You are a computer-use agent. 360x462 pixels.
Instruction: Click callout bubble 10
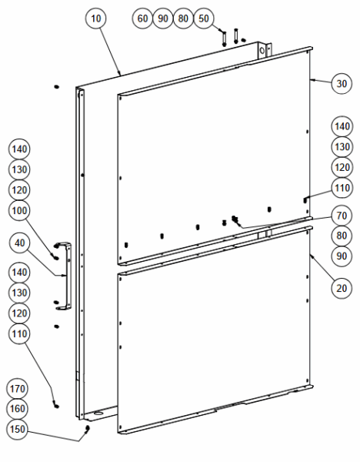click(95, 18)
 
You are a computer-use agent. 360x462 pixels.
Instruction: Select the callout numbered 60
click(142, 18)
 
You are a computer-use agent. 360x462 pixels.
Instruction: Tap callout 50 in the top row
click(204, 18)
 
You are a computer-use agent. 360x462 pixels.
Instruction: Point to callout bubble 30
click(342, 84)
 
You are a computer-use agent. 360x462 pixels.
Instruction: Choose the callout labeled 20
click(342, 288)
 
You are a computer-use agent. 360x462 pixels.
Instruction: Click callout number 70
click(342, 216)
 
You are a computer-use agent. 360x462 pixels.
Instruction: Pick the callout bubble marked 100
click(19, 211)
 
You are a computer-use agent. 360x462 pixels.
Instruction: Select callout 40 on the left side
click(19, 243)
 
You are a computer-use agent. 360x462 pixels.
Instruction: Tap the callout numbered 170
click(17, 389)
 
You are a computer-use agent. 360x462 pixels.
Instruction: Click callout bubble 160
click(17, 409)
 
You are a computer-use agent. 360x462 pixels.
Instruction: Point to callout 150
click(17, 429)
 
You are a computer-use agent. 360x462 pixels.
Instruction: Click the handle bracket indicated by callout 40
click(68, 276)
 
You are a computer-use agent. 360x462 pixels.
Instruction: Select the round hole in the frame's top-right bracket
click(262, 50)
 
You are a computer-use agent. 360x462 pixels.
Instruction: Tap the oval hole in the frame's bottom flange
click(98, 413)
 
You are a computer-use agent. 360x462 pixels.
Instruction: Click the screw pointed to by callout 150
click(87, 430)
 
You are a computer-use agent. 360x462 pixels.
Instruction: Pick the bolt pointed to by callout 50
click(225, 38)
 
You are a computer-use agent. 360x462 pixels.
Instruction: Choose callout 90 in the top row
click(163, 18)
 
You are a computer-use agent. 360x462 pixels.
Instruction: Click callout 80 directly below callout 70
click(342, 236)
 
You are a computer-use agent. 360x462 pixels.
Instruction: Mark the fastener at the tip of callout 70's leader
click(235, 219)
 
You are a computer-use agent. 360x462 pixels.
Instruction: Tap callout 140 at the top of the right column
click(342, 126)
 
